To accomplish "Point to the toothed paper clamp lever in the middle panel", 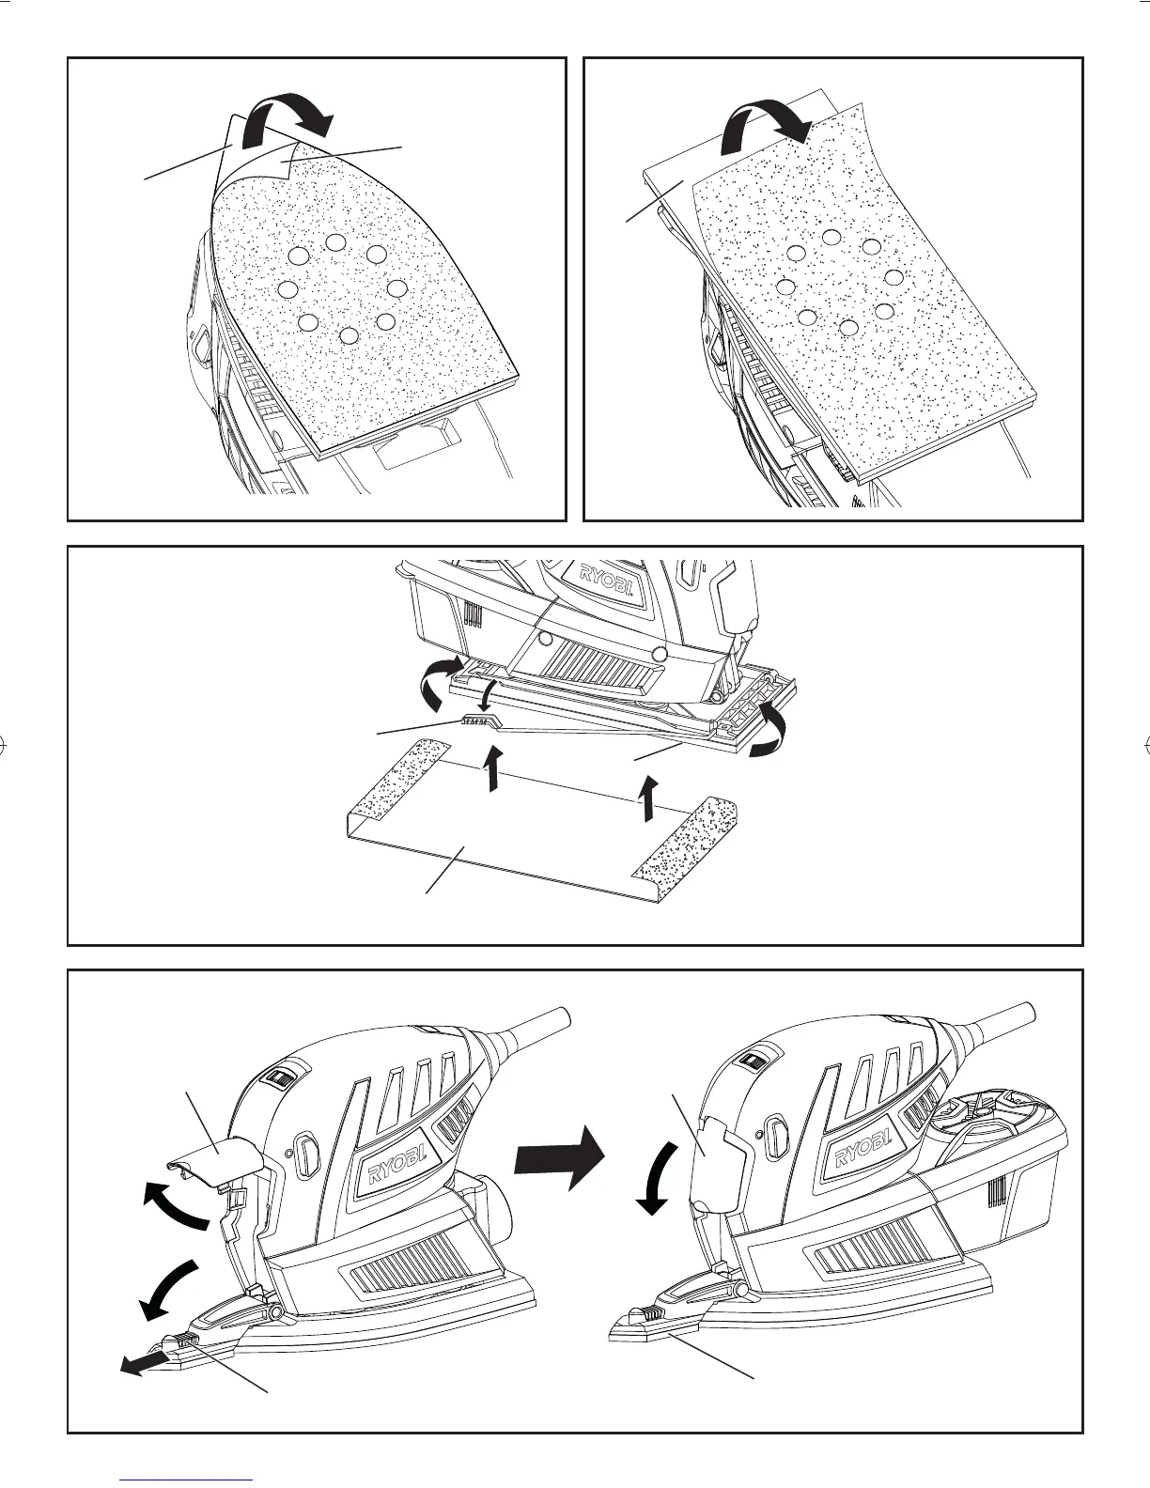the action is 480,721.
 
